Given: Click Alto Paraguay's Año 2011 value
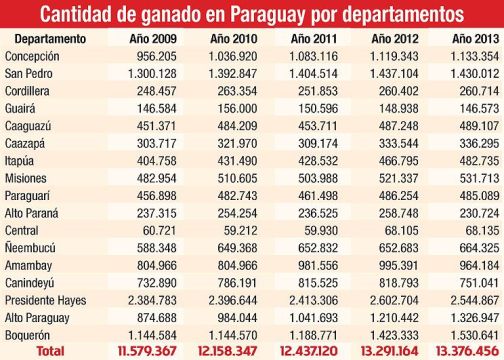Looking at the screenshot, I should coord(311,316).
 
